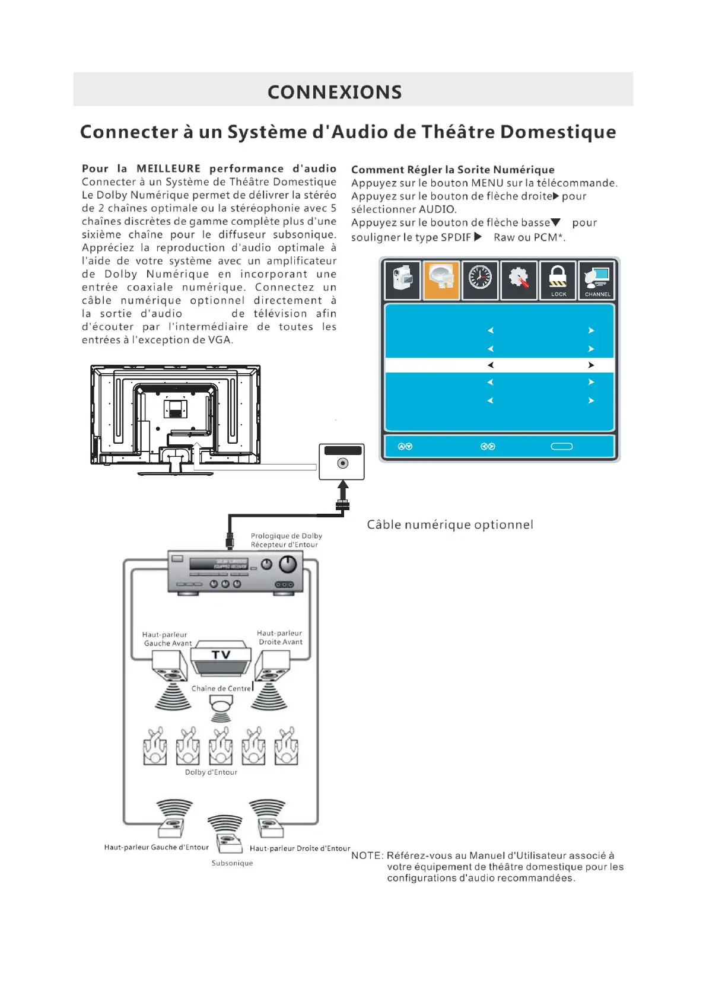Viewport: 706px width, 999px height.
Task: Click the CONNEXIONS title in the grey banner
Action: [x=335, y=92]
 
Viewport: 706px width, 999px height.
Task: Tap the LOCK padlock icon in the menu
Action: [x=558, y=279]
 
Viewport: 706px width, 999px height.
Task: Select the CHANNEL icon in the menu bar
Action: [x=596, y=279]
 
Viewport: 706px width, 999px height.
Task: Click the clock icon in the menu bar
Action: [x=480, y=278]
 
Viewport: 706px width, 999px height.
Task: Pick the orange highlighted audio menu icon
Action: [x=441, y=279]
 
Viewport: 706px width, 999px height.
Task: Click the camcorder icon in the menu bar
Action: [x=403, y=279]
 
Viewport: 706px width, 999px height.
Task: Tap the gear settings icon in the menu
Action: [x=519, y=278]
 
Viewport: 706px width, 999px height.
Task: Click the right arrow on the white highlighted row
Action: [x=591, y=365]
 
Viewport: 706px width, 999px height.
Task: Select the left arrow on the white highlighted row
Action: [x=491, y=365]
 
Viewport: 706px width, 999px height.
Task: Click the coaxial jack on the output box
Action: [x=342, y=463]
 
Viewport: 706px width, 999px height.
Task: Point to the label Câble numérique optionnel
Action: [x=450, y=524]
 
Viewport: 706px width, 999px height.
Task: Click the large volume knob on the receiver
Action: [x=288, y=564]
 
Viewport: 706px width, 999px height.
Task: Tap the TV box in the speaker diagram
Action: [x=221, y=656]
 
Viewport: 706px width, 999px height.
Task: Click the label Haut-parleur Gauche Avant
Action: [x=166, y=639]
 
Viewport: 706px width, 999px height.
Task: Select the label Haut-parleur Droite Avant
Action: [x=280, y=638]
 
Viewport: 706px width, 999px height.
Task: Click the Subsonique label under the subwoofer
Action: [x=232, y=863]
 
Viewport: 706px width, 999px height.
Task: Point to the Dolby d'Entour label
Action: [x=211, y=772]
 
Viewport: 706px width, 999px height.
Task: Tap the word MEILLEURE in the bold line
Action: [x=168, y=168]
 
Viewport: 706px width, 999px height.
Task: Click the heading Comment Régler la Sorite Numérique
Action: [x=453, y=170]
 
